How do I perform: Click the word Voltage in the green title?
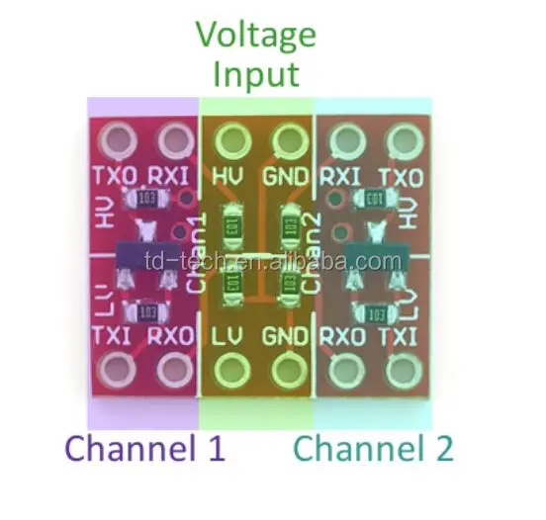coord(256,37)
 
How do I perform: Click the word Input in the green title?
coord(256,74)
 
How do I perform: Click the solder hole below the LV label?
coord(232,372)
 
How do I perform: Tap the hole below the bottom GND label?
coord(288,372)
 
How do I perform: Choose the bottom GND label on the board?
coord(288,336)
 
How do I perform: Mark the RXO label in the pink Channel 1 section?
coord(171,336)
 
